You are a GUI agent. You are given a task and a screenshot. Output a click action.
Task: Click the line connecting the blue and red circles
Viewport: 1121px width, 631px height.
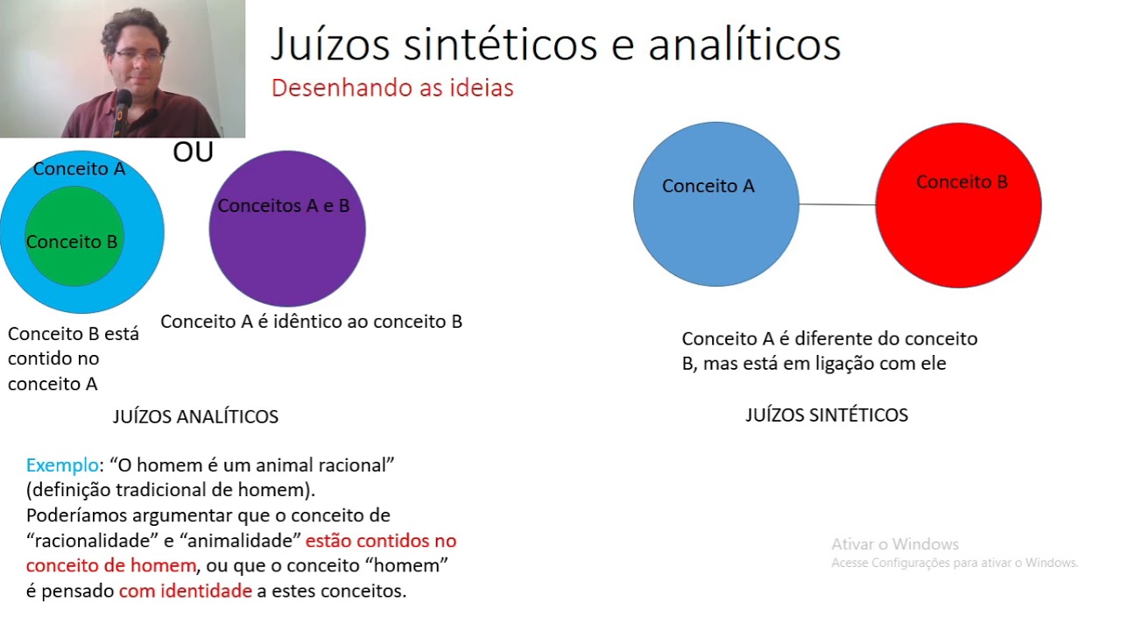pos(837,204)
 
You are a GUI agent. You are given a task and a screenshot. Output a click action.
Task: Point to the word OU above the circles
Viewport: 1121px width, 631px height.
pos(193,152)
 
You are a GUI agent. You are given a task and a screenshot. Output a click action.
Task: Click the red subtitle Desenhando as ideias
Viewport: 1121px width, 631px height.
pos(392,89)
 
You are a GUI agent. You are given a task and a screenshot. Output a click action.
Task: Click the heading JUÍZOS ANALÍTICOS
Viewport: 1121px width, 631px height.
pos(195,417)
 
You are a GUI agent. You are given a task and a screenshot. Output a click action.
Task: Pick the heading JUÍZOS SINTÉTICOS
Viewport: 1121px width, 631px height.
pos(827,415)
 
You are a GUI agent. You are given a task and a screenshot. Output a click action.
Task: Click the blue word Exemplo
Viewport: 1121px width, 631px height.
pos(61,465)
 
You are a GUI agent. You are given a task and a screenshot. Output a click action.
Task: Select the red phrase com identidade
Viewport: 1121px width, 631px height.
pos(186,592)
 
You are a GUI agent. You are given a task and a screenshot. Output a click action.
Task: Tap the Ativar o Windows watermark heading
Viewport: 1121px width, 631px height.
pos(895,544)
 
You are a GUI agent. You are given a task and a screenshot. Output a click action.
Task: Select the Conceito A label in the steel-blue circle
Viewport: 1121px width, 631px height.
pos(708,186)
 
